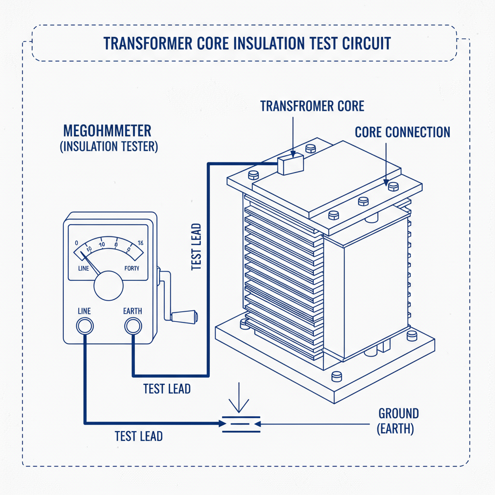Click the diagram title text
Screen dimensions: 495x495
[x=247, y=43]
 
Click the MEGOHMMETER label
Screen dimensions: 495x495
[x=107, y=131]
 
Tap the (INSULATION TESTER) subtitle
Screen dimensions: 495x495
[x=109, y=146]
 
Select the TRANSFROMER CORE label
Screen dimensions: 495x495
[x=312, y=106]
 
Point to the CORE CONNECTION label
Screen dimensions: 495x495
[x=402, y=132]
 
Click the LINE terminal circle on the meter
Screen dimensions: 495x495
[x=85, y=327]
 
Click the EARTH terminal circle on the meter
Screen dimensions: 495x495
[x=132, y=327]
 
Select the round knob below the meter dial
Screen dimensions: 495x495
[x=108, y=286]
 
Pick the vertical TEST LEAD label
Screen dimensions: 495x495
[x=196, y=247]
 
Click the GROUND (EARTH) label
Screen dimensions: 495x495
[x=398, y=421]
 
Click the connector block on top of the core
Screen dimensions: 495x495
[x=290, y=163]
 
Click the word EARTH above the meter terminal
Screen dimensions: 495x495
[x=132, y=311]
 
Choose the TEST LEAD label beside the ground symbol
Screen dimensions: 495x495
[x=139, y=436]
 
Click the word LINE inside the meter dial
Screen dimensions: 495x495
[x=83, y=268]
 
